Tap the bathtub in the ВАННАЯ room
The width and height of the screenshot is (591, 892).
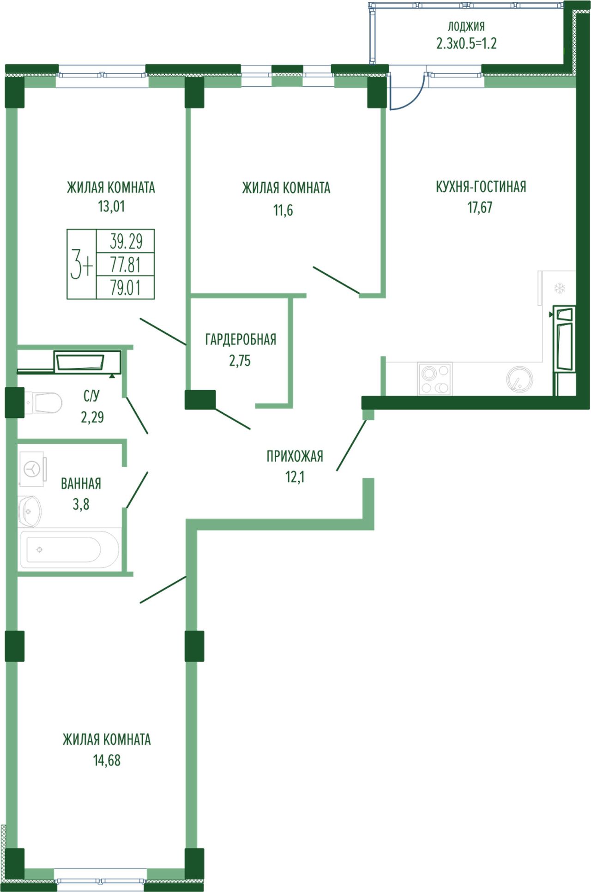tap(69, 549)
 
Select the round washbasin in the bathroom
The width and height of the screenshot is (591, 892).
tap(30, 511)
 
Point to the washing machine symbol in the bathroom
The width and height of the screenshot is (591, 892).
tap(32, 469)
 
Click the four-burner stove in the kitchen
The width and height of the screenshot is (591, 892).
tap(435, 379)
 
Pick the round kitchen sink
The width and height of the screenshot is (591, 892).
tap(520, 380)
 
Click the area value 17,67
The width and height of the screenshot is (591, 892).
tap(480, 207)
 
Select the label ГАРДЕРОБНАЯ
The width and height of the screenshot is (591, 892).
tap(241, 339)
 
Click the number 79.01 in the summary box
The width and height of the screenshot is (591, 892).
tap(125, 288)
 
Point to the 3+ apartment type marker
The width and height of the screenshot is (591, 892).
tap(81, 264)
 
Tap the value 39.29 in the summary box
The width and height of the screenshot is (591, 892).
tap(126, 241)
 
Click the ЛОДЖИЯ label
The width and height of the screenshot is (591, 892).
tap(466, 26)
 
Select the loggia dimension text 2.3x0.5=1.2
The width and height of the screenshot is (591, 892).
tap(466, 43)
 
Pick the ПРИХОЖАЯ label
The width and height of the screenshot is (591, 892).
tap(295, 456)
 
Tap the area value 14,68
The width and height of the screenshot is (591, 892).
tap(107, 760)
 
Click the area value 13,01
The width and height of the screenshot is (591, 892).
tap(111, 206)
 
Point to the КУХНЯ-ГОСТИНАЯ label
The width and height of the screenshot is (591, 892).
tap(481, 187)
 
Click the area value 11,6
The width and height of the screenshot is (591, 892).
tap(283, 210)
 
